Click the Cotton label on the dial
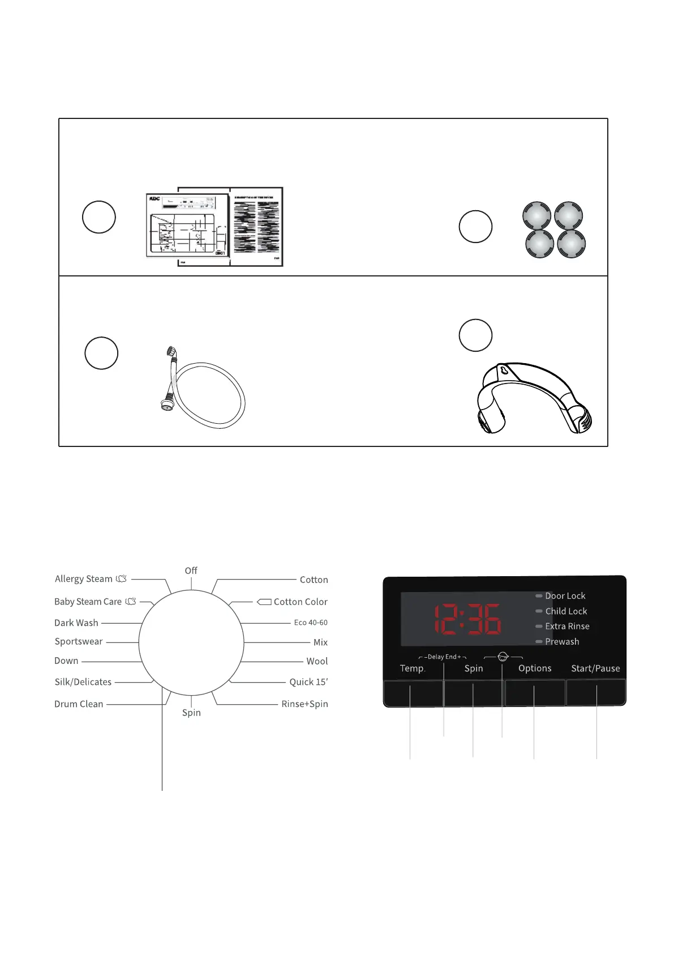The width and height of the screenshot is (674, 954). [314, 580]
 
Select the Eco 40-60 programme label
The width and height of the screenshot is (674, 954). [311, 623]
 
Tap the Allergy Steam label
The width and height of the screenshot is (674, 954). [84, 579]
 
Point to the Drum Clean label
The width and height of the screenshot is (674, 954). [79, 704]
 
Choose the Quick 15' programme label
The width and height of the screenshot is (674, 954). [308, 682]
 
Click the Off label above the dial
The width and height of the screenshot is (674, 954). [191, 570]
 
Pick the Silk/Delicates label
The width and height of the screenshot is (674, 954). [83, 682]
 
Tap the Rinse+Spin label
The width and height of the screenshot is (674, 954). [304, 704]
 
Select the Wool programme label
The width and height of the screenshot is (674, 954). [317, 661]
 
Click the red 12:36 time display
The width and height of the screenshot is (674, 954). [467, 619]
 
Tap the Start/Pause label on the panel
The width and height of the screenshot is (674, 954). [595, 668]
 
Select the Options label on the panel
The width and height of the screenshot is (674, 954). [535, 668]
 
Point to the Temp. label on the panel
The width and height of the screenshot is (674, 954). [413, 668]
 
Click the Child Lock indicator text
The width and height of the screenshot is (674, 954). [566, 611]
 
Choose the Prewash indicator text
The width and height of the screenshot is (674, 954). [562, 642]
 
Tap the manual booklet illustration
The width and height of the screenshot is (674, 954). [215, 227]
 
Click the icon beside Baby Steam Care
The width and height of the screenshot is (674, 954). [131, 602]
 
